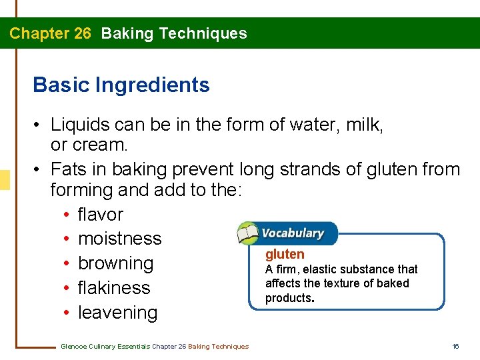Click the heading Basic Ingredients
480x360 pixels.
[121, 85]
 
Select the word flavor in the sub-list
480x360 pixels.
[101, 215]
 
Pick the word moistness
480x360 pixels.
[119, 239]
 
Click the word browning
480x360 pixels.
[115, 263]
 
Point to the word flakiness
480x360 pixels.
[114, 288]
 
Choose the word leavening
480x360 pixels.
[117, 313]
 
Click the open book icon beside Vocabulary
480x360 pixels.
[247, 234]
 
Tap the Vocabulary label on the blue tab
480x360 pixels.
[293, 233]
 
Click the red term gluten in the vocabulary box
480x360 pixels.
[285, 254]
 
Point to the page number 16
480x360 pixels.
[455, 346]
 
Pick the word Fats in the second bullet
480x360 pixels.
[68, 169]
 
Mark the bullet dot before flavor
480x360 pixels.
[69, 215]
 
